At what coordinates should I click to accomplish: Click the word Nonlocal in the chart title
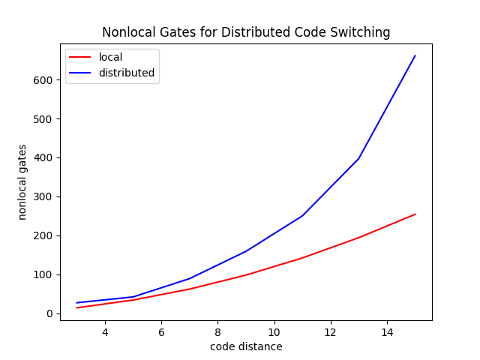pyautogui.click(x=124, y=32)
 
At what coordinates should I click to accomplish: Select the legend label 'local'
pyautogui.click(x=110, y=57)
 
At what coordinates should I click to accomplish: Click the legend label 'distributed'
pyautogui.click(x=127, y=73)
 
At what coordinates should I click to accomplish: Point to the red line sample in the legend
pyautogui.click(x=80, y=57)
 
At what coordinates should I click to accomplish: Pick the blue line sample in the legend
pyautogui.click(x=80, y=73)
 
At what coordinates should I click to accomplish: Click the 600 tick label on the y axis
pyautogui.click(x=43, y=80)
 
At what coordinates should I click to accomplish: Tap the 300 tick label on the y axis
pyautogui.click(x=43, y=196)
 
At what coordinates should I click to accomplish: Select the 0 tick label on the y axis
pyautogui.click(x=49, y=313)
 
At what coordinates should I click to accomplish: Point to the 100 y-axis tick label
pyautogui.click(x=43, y=275)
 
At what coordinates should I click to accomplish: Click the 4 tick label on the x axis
pyautogui.click(x=105, y=332)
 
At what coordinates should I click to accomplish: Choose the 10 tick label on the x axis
pyautogui.click(x=274, y=332)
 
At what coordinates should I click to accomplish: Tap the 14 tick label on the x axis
pyautogui.click(x=387, y=332)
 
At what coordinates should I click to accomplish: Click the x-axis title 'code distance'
pyautogui.click(x=246, y=346)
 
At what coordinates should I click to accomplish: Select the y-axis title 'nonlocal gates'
pyautogui.click(x=22, y=182)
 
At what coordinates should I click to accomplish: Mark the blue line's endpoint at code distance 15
pyautogui.click(x=415, y=55)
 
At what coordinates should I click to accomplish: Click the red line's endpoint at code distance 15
pyautogui.click(x=415, y=214)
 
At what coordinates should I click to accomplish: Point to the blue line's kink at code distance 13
pyautogui.click(x=358, y=158)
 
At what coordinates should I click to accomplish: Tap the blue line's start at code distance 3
pyautogui.click(x=76, y=303)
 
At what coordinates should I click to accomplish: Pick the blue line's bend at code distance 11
pyautogui.click(x=302, y=216)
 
